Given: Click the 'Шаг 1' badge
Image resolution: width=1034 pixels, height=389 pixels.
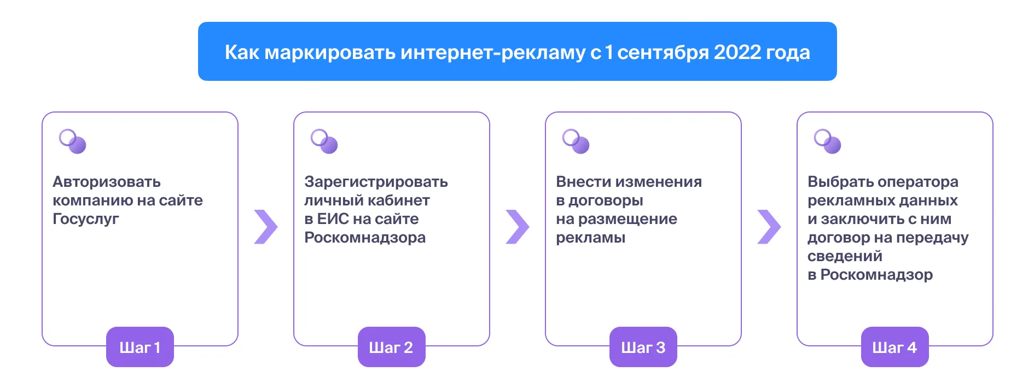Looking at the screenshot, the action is coord(140,347).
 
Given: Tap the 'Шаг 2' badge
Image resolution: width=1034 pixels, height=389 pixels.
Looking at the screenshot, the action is coord(392,347).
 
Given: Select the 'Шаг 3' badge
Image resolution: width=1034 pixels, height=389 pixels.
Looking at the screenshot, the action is coord(643,347).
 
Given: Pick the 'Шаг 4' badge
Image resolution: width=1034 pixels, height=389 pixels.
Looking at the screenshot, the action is coord(895,347).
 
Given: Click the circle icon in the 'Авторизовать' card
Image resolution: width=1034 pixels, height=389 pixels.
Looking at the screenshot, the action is coord(73,142).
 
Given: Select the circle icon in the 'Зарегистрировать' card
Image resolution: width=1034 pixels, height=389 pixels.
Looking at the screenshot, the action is coord(324,142).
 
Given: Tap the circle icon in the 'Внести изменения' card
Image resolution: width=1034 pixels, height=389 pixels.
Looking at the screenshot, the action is coord(576,142).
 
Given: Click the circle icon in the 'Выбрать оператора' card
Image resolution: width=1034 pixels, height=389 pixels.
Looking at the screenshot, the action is coord(828,142).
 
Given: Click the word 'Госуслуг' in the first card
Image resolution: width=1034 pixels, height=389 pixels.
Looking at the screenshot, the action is coord(86,219).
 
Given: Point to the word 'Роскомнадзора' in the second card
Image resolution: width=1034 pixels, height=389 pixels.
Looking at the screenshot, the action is coord(365,238).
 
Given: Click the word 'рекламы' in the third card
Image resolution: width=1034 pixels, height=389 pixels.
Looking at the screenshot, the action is coord(591,238).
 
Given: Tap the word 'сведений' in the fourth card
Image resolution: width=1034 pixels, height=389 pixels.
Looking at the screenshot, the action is coord(845,256).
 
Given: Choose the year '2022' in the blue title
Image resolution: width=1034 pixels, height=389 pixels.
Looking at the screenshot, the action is coord(737,52).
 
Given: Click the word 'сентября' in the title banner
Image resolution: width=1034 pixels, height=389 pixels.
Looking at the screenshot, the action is coord(663,52).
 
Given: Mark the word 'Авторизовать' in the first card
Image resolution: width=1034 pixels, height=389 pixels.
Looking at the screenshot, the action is coord(107,182).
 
